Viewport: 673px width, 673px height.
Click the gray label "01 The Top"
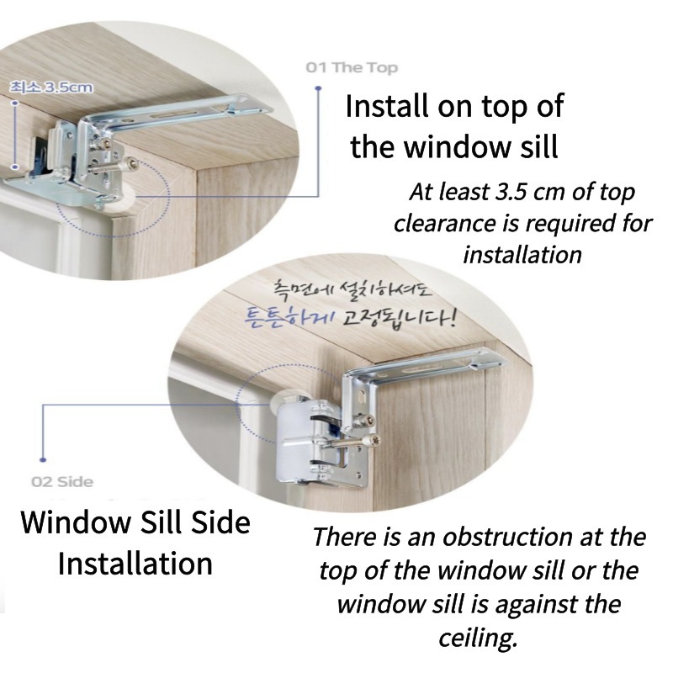point(352,68)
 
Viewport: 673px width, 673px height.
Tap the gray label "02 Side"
point(62,481)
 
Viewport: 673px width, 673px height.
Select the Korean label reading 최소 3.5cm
point(51,87)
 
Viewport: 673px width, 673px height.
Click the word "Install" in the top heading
point(387,107)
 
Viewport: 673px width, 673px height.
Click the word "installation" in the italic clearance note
point(522,255)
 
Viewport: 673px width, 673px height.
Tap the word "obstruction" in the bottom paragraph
point(508,537)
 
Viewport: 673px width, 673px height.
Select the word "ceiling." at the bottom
point(478,639)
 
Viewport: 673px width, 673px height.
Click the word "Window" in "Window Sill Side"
point(77,522)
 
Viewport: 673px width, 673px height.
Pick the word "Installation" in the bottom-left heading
point(135,564)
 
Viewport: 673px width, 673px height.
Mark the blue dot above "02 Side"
point(43,459)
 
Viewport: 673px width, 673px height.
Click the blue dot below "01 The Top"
point(318,88)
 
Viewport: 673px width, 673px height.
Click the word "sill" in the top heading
point(539,146)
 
